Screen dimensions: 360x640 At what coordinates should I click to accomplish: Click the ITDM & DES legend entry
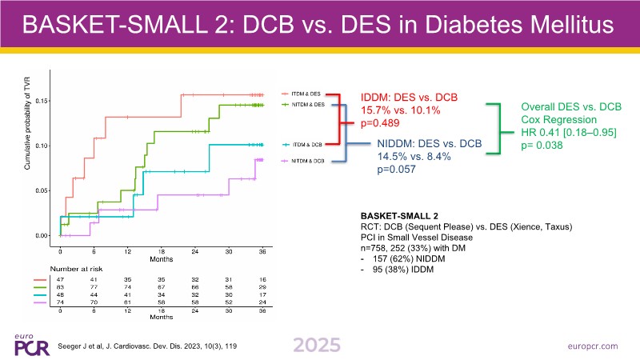(x=307, y=93)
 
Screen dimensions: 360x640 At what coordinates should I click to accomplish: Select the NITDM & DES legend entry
(x=309, y=105)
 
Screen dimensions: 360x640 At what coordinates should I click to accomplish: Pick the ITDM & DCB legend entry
(x=307, y=144)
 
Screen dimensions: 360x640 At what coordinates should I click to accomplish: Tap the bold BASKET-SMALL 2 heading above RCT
(x=400, y=216)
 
